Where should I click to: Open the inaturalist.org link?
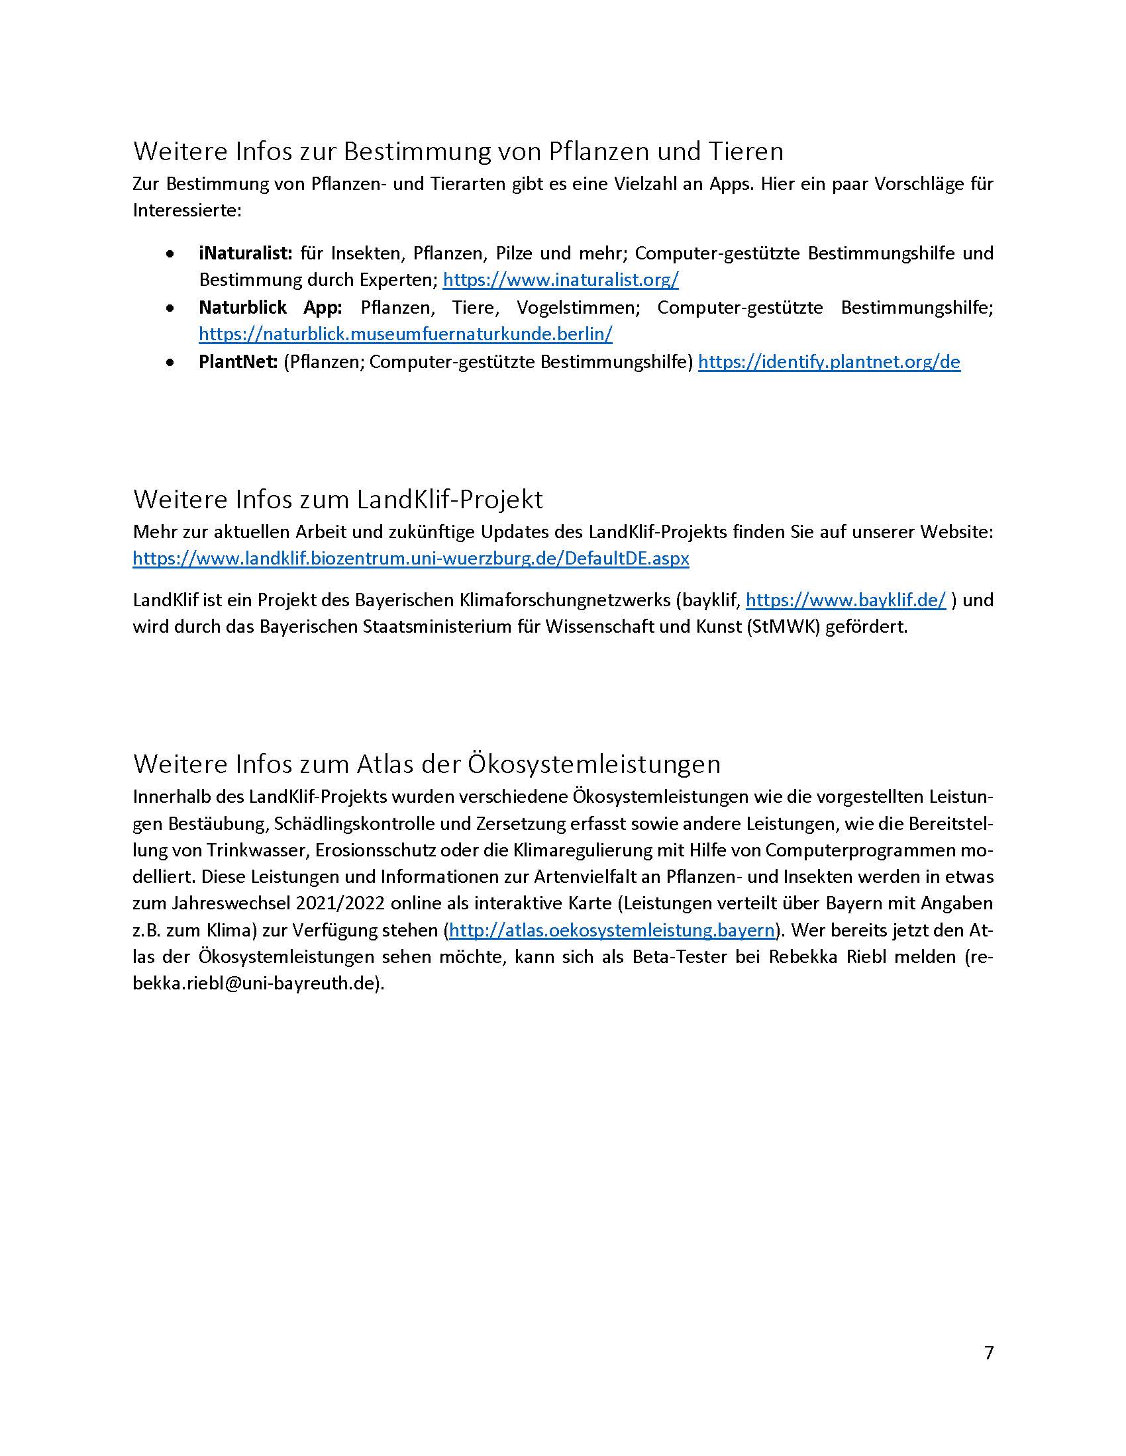560,279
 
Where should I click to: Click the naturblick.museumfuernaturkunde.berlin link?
405,334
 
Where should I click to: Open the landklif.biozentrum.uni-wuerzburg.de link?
410,558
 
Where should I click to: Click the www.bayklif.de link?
845,600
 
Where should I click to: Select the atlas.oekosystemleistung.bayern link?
613,930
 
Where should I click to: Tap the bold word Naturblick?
243,307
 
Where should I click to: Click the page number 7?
988,1353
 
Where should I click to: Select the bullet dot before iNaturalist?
172,254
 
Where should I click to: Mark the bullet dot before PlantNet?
172,363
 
